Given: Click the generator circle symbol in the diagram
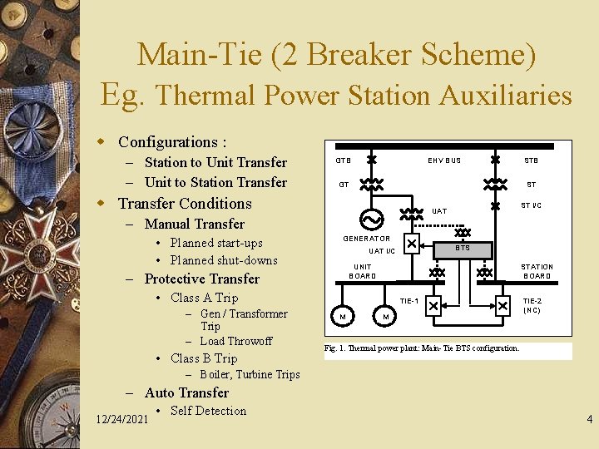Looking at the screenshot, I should coord(369,219).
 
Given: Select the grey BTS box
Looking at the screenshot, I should coord(463,249).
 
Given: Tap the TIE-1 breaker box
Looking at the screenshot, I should coord(433,306).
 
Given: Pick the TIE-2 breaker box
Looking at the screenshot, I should coord(502,306).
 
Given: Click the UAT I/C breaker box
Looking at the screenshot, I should coord(411,244).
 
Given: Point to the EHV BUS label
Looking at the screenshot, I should coord(444,160).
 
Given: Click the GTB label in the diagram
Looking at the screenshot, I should coord(343,160).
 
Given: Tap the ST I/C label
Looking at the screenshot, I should coord(531,205).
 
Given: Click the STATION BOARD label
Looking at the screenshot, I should coord(537,272).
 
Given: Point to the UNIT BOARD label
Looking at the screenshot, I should coord(363,272).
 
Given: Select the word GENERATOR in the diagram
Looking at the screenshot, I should coord(367,239).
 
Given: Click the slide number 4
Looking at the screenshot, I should coord(589,420).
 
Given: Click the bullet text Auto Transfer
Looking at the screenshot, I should coord(186,392).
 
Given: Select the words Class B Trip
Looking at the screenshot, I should coord(204,358).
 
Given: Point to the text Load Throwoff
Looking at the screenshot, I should coord(235,341).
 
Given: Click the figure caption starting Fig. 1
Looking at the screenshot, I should coord(422,348).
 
